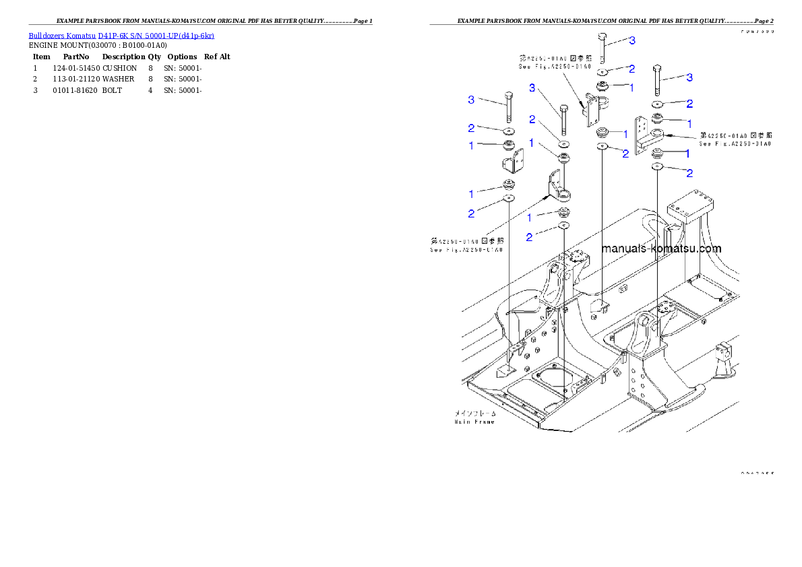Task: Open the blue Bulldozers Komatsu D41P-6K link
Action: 121,36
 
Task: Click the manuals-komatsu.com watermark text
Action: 660,248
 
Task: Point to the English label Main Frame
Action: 474,422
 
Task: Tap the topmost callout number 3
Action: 632,41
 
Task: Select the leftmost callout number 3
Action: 472,100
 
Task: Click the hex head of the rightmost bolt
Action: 658,69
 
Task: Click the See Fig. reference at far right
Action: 735,143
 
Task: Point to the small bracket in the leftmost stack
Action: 509,162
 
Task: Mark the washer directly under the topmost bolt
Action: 603,71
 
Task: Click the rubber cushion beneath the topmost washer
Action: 602,87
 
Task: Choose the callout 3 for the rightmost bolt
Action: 689,77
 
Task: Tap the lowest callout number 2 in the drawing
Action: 529,237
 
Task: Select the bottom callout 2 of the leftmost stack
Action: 471,213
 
